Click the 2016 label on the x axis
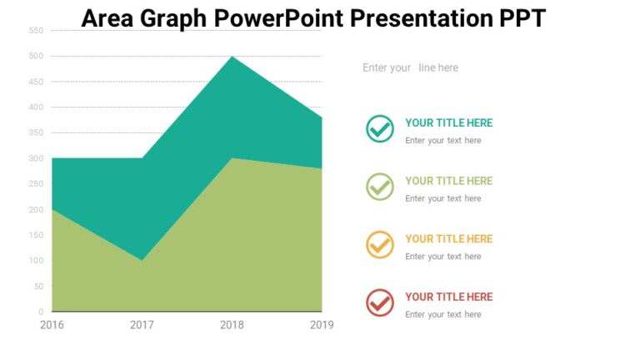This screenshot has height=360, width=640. (x=52, y=325)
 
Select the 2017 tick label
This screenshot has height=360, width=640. (x=142, y=325)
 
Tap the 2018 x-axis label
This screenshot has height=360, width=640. (x=232, y=325)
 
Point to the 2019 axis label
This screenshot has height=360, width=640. (x=321, y=325)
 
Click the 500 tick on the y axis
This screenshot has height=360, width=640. (x=36, y=56)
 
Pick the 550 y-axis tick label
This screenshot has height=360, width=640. (x=36, y=31)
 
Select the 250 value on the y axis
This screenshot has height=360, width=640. (x=36, y=184)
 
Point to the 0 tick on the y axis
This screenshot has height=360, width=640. (x=40, y=312)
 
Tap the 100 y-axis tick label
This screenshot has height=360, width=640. (x=36, y=261)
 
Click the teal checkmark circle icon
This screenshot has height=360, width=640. (x=380, y=129)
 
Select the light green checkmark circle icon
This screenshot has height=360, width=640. (x=380, y=187)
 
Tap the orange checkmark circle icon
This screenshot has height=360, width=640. (x=380, y=245)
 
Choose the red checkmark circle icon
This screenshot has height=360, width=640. (x=380, y=302)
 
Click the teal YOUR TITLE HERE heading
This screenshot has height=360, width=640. (x=448, y=122)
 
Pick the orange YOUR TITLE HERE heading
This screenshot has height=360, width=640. (x=448, y=238)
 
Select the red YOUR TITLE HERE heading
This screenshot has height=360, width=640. (x=448, y=297)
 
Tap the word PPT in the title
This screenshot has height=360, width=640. (x=522, y=17)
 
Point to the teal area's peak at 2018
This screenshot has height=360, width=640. (x=232, y=58)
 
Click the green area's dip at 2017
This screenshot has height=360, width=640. (x=142, y=259)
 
